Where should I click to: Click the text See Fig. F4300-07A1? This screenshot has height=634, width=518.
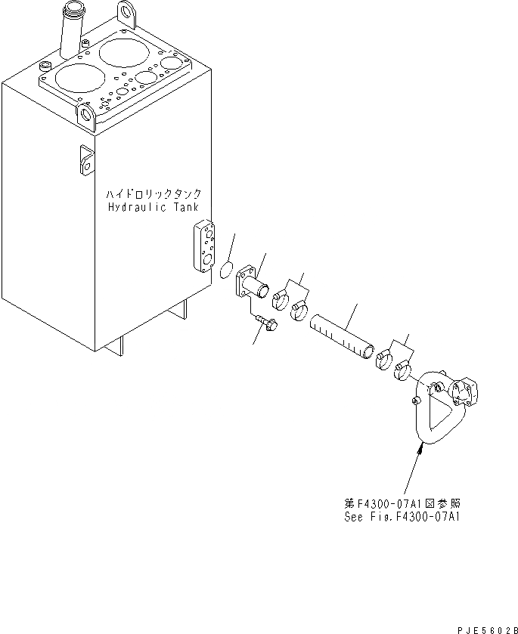click(401, 517)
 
